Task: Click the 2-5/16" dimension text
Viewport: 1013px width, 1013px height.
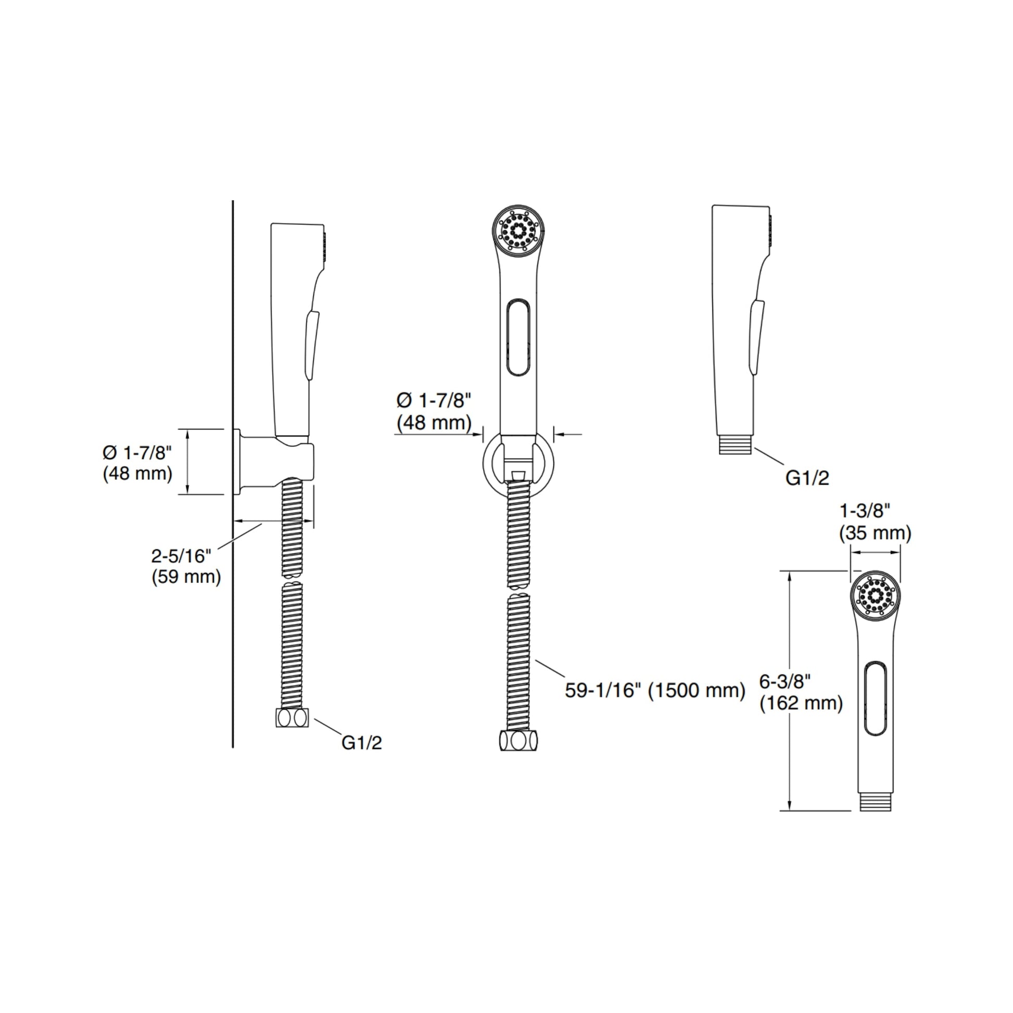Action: [182, 556]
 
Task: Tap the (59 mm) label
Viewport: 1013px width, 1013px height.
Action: [186, 577]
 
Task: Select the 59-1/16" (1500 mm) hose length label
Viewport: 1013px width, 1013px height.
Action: [655, 690]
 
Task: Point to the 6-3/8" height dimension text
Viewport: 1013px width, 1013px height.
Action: [786, 681]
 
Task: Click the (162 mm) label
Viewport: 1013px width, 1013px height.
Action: [801, 703]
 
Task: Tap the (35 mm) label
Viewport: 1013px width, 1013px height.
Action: [875, 533]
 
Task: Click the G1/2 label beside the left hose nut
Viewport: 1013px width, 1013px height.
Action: [362, 742]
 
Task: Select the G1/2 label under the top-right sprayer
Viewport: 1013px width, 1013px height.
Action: [807, 478]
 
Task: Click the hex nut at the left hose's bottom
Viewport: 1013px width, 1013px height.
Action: [292, 718]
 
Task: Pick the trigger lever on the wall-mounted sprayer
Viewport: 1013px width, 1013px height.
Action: [311, 344]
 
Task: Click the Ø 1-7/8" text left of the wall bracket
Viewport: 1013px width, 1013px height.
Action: [137, 452]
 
